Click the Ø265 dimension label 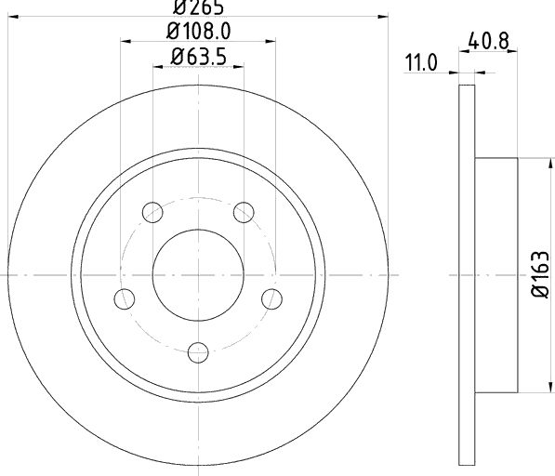198,7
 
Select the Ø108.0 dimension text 199,31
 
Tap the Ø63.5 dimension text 198,57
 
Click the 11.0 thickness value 420,63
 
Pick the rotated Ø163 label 540,274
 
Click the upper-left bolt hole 152,212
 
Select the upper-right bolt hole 244,212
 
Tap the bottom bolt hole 198,352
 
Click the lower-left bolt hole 125,298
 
